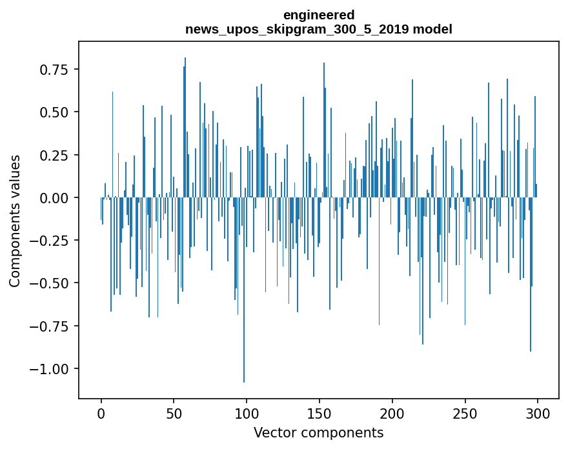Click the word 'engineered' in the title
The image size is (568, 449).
(318, 15)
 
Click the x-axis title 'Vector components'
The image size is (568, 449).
(318, 432)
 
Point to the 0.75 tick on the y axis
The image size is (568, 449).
(58, 70)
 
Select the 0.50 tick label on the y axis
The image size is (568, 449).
(58, 112)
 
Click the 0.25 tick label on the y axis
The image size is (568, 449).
(58, 155)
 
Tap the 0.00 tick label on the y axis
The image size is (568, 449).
(58, 197)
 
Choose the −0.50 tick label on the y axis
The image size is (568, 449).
(54, 283)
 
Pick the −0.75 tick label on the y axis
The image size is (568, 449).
(54, 326)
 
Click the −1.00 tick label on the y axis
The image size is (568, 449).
(54, 369)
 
